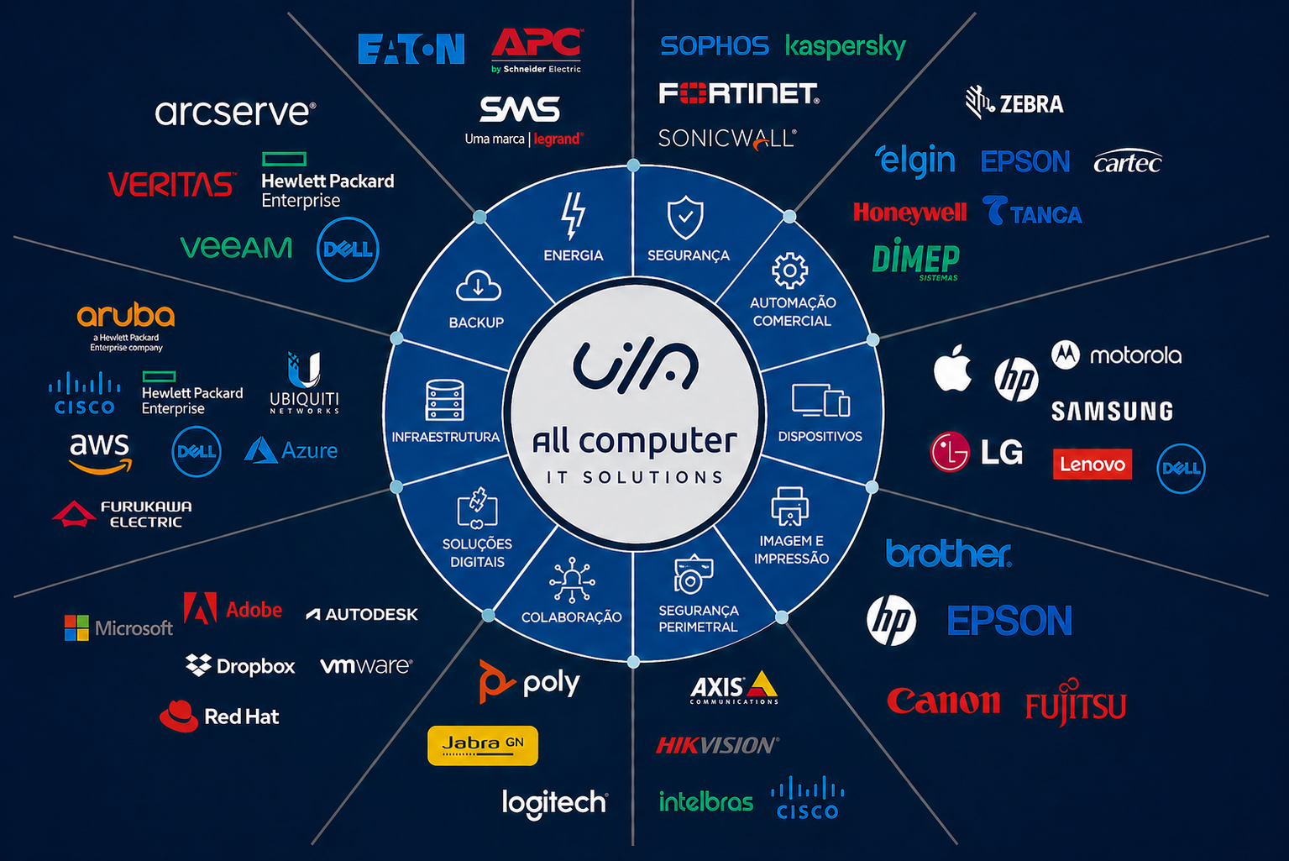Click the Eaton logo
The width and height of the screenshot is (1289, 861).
411,49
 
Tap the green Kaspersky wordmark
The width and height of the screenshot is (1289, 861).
846,46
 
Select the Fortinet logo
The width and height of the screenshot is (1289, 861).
739,93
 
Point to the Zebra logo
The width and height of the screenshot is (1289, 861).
1014,102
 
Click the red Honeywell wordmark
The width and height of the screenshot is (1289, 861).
909,213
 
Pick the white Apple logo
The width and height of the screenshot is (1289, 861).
952,369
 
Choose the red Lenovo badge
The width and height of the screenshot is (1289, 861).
1093,464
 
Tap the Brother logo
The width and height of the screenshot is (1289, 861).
948,553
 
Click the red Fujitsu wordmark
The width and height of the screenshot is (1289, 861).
1076,703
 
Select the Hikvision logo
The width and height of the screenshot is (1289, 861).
718,745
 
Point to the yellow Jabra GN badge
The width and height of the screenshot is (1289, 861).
483,745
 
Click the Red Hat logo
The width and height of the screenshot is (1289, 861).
218,717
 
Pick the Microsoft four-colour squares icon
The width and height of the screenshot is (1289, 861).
76,627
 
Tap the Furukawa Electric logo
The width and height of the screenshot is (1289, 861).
122,513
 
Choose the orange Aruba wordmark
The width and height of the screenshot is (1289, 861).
126,315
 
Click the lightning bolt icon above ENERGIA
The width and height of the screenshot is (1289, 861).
574,216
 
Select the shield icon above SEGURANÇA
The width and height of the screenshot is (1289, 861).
685,217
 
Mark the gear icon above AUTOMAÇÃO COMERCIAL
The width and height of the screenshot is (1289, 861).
789,270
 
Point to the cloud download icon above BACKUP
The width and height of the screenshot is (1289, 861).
478,286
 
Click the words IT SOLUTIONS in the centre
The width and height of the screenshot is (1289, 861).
635,477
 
